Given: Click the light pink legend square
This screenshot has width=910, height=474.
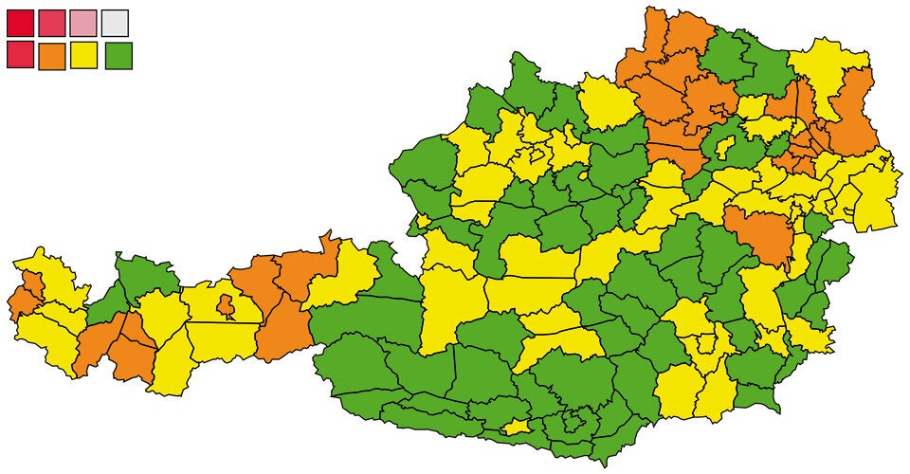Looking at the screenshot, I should point(83,23).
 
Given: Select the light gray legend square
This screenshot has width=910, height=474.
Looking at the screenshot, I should point(115,23).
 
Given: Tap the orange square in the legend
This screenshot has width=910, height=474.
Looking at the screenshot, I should point(52,56).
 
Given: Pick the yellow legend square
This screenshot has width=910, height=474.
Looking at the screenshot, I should point(84,56).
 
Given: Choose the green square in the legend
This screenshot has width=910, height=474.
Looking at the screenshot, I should point(118,56).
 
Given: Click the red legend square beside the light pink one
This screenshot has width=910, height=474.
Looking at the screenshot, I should point(52,23).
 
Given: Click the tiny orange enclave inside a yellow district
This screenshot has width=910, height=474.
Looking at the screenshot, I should point(226,306).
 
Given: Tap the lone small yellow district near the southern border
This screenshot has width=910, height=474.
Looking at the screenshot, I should point(517,428).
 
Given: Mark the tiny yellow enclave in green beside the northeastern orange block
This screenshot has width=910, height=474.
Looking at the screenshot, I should point(725,147).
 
